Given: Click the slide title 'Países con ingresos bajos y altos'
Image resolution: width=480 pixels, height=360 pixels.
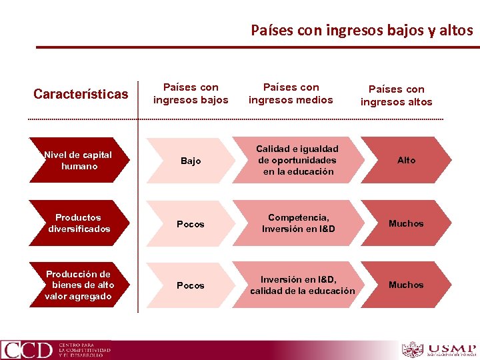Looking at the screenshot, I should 361,30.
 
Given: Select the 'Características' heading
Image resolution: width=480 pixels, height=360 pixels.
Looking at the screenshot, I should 81,94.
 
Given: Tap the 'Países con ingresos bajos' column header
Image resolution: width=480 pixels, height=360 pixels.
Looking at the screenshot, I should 191,93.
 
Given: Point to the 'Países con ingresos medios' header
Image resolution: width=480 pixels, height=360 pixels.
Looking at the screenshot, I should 291,93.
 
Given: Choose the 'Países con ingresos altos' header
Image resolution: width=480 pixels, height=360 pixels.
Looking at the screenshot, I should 396,95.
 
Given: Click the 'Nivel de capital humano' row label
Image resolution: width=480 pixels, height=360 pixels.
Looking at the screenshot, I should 79,161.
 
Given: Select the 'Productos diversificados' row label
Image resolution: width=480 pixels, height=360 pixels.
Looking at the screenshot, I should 79,223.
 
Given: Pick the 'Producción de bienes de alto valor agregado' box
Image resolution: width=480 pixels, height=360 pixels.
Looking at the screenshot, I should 79,285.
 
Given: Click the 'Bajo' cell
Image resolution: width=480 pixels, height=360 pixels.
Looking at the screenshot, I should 191,161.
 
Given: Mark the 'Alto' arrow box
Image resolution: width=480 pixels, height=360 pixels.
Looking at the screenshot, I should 406,160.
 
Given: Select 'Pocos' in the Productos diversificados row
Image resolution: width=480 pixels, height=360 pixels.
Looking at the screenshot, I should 191,224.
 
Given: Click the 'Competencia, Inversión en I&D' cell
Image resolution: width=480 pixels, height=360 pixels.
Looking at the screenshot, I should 298,223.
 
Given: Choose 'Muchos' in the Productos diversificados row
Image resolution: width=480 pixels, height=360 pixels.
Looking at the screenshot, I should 406,223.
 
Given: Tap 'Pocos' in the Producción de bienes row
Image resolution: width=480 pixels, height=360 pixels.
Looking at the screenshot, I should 191,285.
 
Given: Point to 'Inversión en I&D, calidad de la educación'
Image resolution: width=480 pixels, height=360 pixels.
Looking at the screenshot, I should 302,285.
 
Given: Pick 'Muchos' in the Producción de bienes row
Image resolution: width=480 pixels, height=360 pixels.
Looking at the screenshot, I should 406,285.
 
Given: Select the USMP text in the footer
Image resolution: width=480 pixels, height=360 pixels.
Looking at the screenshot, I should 452,348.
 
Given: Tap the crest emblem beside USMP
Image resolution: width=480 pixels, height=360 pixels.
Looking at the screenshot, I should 413,349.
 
